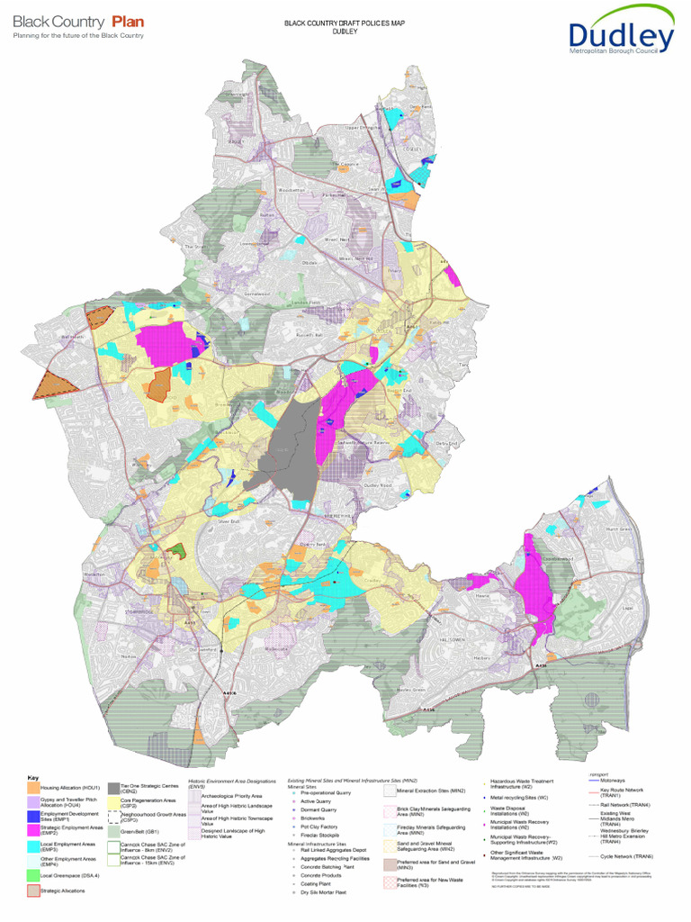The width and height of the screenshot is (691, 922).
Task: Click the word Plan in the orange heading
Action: [128, 21]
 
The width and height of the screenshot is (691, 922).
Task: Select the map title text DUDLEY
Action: [345, 32]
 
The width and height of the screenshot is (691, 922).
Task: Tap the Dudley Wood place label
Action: [380, 485]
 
